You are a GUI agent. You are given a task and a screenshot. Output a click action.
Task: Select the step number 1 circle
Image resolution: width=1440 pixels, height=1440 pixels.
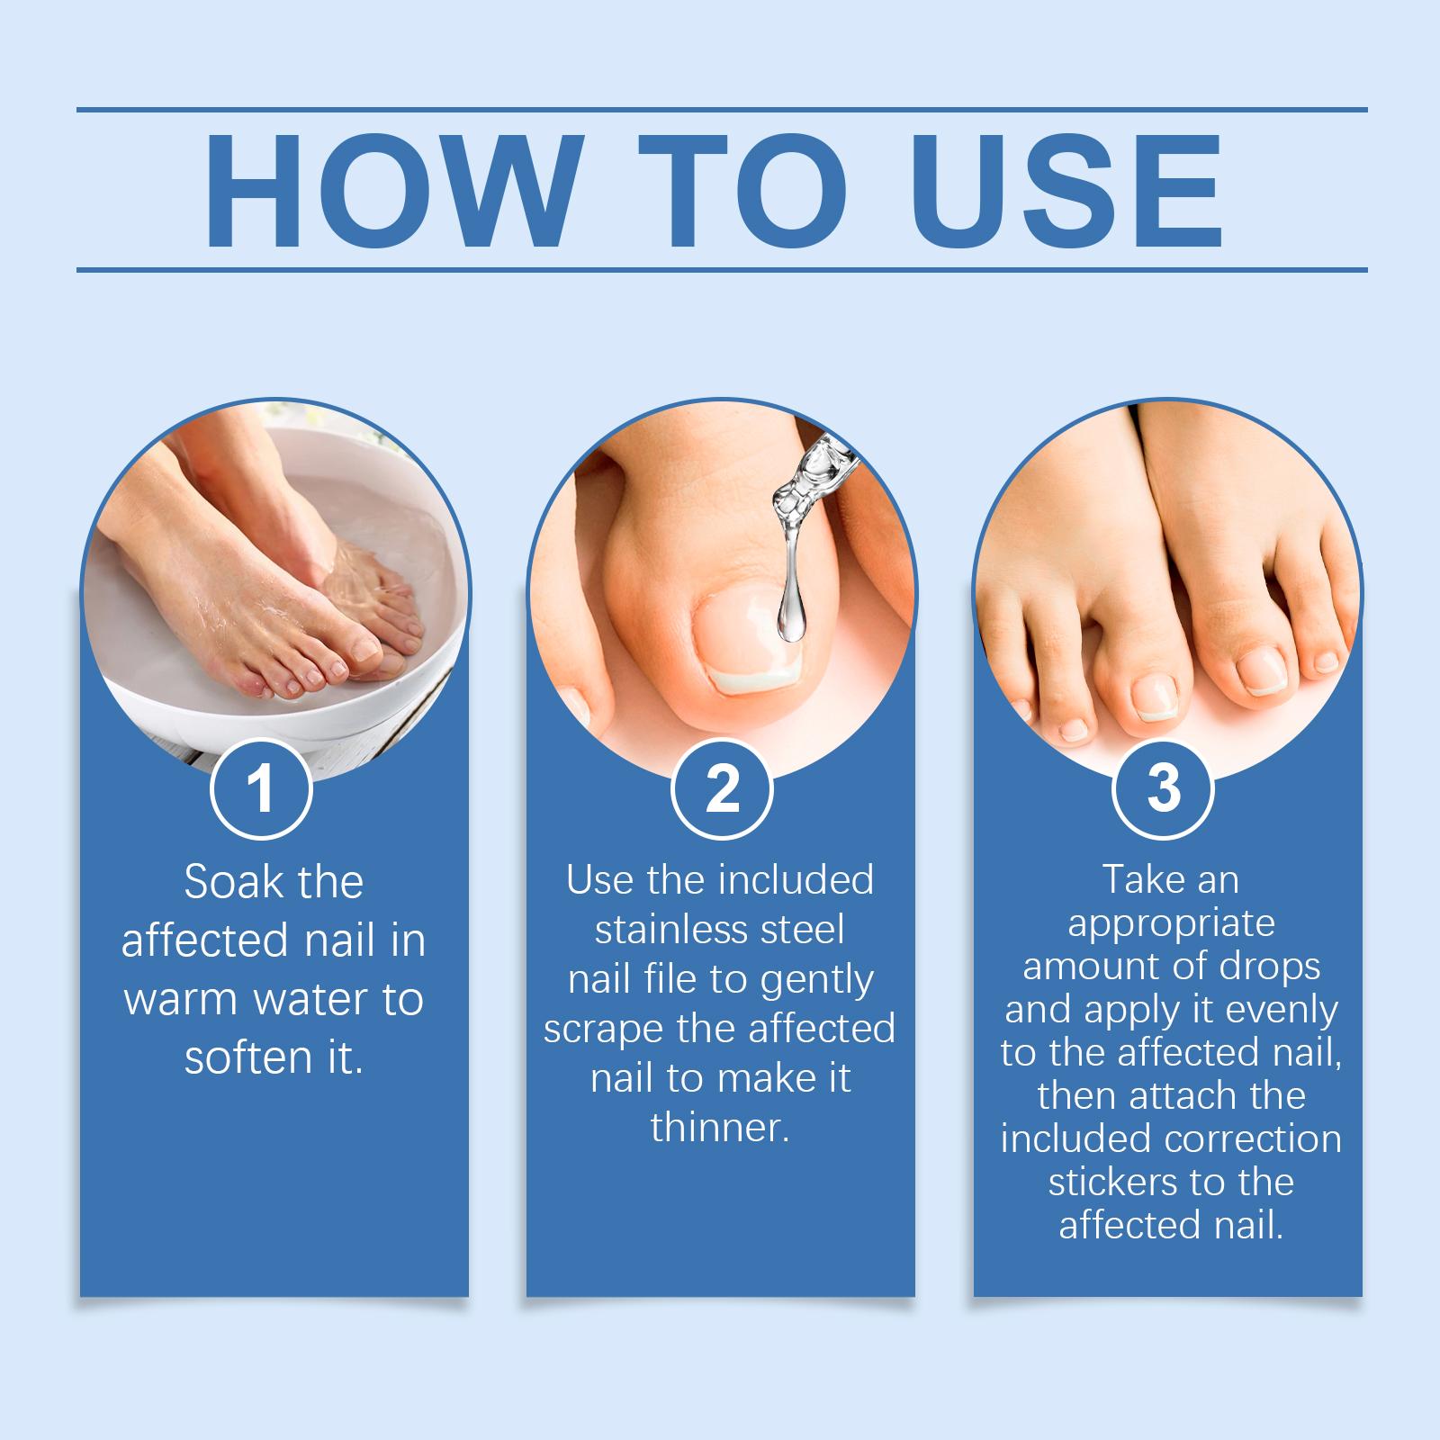click(261, 789)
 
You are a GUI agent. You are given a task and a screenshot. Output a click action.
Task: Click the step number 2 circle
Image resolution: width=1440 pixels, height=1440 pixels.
click(722, 789)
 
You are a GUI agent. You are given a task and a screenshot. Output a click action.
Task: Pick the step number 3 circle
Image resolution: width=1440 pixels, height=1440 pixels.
click(1164, 789)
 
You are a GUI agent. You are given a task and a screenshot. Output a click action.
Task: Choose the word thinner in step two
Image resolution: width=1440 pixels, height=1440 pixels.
click(720, 1128)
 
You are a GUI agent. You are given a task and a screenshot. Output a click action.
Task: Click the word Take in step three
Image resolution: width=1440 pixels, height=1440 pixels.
click(1138, 879)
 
